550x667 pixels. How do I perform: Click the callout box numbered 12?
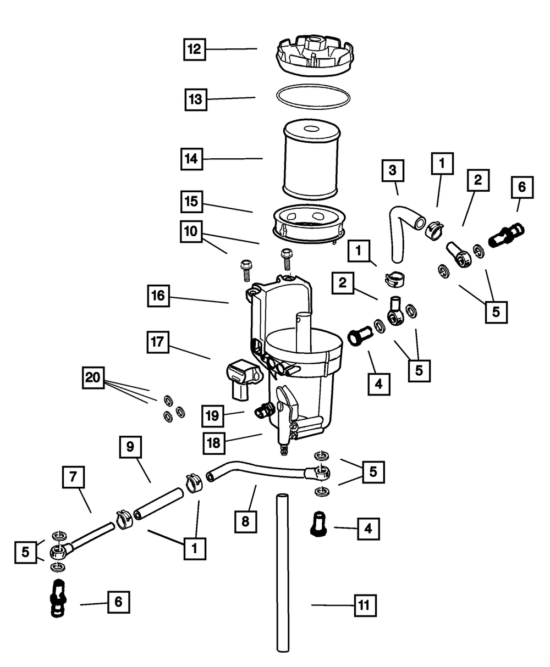tap(194, 49)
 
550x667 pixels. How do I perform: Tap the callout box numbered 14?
tap(193, 159)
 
